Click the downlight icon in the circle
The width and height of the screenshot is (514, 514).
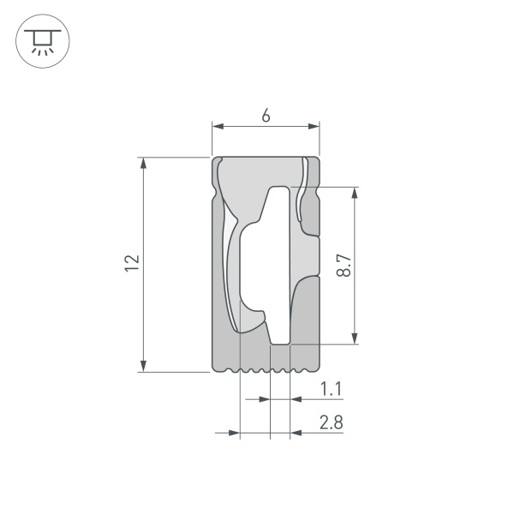(x=40, y=40)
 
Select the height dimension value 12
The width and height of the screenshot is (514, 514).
(x=131, y=264)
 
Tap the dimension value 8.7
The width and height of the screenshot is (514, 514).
(x=343, y=266)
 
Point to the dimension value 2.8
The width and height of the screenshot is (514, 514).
(x=332, y=423)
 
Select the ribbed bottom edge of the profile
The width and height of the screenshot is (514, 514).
(x=266, y=372)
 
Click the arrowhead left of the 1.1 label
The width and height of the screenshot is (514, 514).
(x=296, y=399)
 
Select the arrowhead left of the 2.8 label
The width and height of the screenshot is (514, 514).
(x=296, y=433)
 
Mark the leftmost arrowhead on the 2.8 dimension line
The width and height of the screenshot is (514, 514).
(x=234, y=433)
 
